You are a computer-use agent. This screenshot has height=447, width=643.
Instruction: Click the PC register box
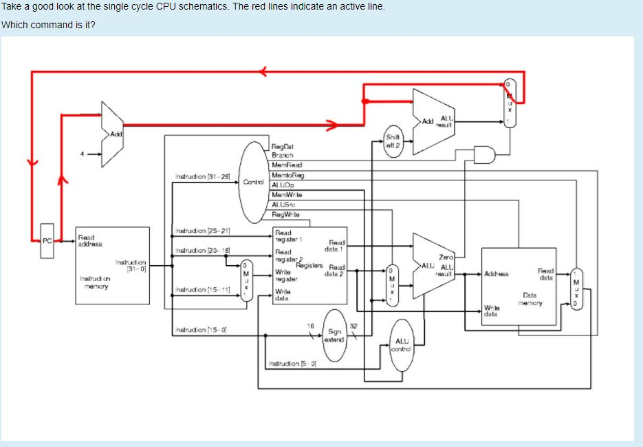point(47,241)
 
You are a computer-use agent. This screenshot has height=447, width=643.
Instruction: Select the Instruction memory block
point(112,265)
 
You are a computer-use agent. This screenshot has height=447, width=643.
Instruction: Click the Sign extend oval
point(335,335)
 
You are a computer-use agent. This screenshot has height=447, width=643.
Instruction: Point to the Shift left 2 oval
point(393,141)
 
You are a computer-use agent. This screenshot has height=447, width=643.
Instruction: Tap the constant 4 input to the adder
point(81,154)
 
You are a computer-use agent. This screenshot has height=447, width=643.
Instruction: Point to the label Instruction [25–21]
point(202,230)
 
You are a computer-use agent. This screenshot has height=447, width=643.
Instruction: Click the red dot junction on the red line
point(364,101)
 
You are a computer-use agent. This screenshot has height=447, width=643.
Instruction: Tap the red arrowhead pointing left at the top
point(263,70)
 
